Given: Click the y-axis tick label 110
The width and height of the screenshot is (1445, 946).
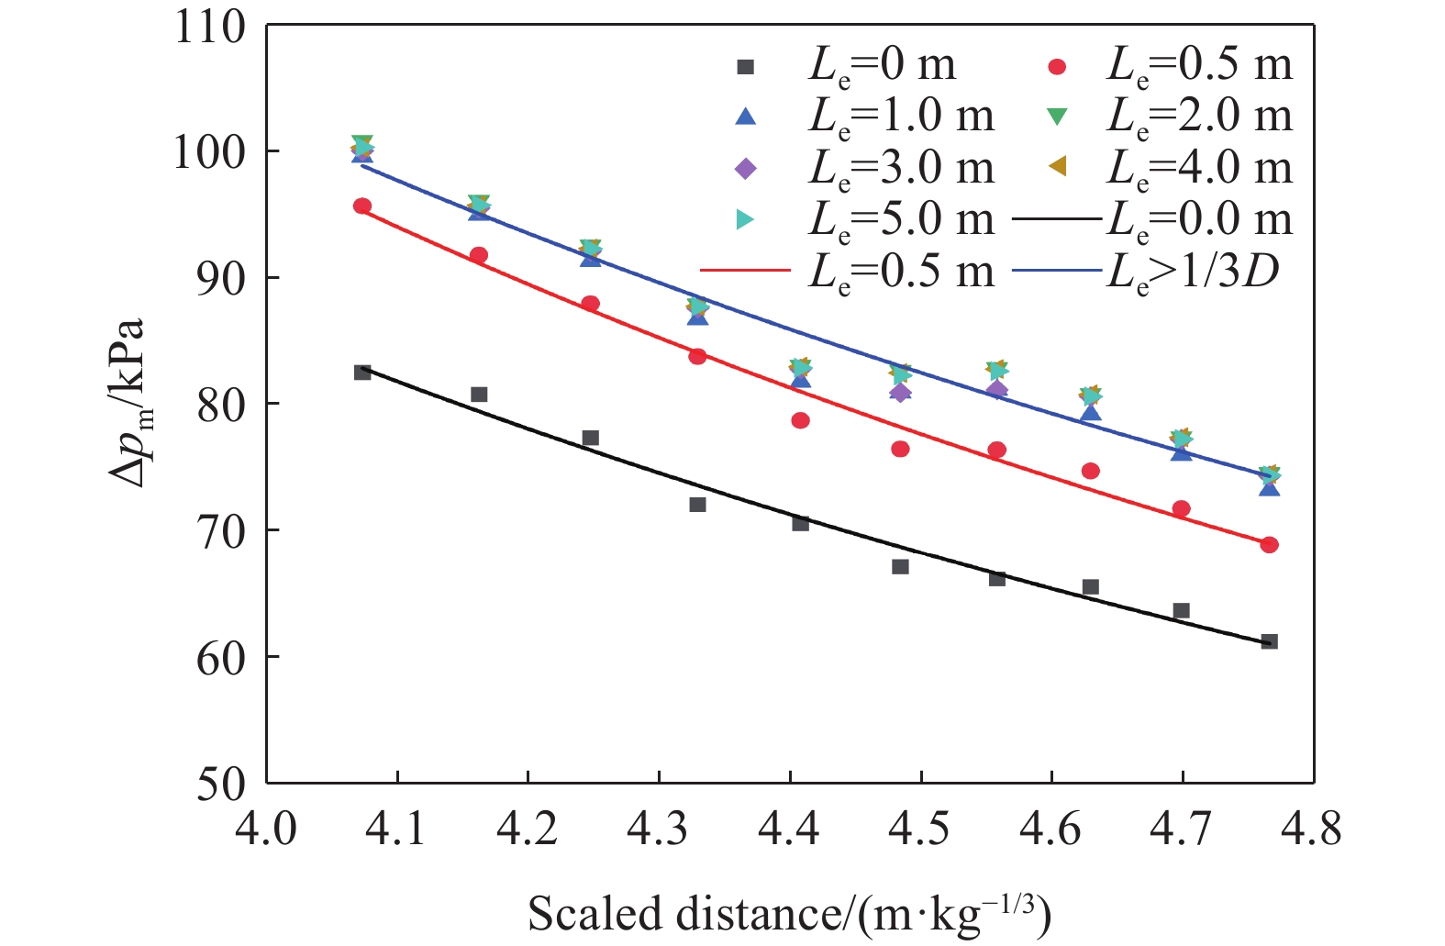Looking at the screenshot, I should pos(210,27).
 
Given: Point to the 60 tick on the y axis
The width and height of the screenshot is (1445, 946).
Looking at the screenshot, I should pos(221,658).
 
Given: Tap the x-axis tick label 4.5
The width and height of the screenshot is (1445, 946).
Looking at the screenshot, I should pos(920,829).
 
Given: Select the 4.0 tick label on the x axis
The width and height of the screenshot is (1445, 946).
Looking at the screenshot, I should pos(266,829).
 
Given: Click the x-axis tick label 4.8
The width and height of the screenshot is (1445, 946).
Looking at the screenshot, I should pos(1313,829).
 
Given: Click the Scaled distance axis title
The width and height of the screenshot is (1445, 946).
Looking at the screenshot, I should pos(788,914).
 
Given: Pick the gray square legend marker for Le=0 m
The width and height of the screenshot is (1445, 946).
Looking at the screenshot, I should pos(746,66).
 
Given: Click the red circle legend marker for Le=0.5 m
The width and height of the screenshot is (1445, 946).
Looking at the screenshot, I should pos(1058,66).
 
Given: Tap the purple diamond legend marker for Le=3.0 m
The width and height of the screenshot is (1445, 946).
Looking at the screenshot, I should pos(746,169).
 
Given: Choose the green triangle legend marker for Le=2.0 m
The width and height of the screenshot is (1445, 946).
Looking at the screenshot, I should pos(1058,117).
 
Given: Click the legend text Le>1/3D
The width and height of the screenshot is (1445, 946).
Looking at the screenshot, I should pos(1193,272).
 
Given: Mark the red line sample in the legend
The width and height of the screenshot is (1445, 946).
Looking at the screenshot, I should pos(745,271).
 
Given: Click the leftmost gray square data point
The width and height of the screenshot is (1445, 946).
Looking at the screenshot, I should pos(362,373).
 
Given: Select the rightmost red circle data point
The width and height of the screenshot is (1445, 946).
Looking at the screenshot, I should pos(1269,545).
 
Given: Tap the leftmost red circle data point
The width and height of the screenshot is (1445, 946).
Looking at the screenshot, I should pos(362,206).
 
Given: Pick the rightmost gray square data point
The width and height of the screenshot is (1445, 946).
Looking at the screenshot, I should pos(1269,641).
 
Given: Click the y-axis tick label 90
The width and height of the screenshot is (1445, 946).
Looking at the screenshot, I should pos(221,278).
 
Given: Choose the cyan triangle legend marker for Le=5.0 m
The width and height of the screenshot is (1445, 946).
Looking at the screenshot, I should pos(746,220).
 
